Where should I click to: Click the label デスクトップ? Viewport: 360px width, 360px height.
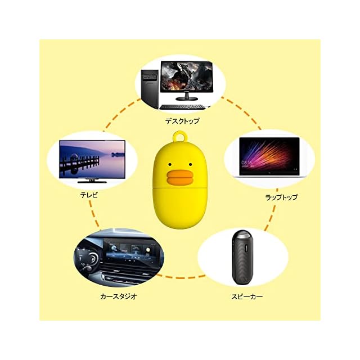(182, 120)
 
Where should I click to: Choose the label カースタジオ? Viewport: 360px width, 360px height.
(119, 295)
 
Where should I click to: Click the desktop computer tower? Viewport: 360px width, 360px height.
(149, 87)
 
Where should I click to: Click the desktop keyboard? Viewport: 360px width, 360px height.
(184, 106)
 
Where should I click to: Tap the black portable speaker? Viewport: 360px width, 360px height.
(243, 256)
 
